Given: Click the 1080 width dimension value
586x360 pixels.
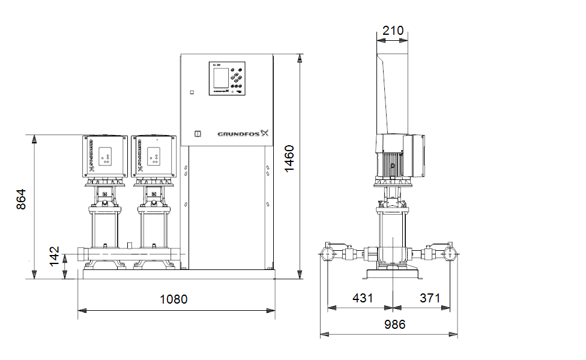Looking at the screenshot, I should pyautogui.click(x=174, y=299).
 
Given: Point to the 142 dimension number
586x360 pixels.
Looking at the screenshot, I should pyautogui.click(x=55, y=256).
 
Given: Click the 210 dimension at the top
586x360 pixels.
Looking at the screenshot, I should pyautogui.click(x=393, y=31).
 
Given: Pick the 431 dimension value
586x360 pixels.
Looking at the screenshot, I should pyautogui.click(x=362, y=298).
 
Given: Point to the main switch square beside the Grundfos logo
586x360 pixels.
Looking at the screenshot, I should pyautogui.click(x=196, y=134).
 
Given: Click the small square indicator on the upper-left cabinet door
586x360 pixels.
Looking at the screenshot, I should pyautogui.click(x=192, y=92).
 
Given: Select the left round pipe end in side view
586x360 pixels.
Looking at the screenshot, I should pyautogui.click(x=330, y=253).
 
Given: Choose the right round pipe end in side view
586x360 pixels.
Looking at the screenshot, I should pyautogui.click(x=451, y=254).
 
